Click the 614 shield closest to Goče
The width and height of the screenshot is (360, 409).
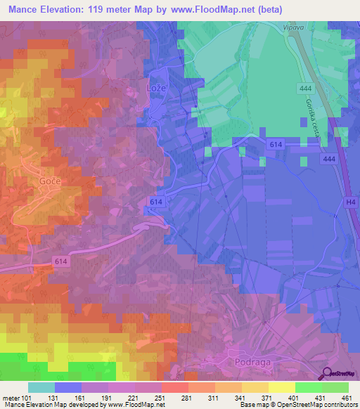(61, 261)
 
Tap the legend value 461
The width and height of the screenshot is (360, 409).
(347, 397)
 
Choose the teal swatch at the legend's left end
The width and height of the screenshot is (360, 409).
(41, 387)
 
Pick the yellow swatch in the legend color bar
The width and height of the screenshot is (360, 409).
(281, 387)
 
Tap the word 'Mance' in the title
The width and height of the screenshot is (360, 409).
(25, 11)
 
